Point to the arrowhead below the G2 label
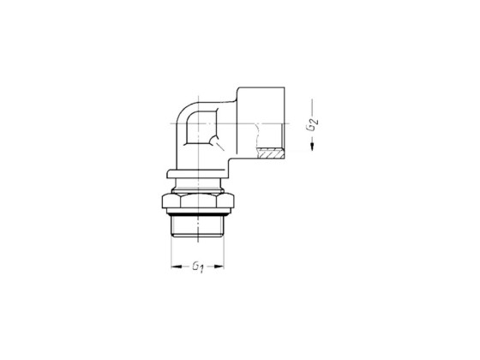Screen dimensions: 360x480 (315, 147)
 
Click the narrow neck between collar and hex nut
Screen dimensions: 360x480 (200, 189)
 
